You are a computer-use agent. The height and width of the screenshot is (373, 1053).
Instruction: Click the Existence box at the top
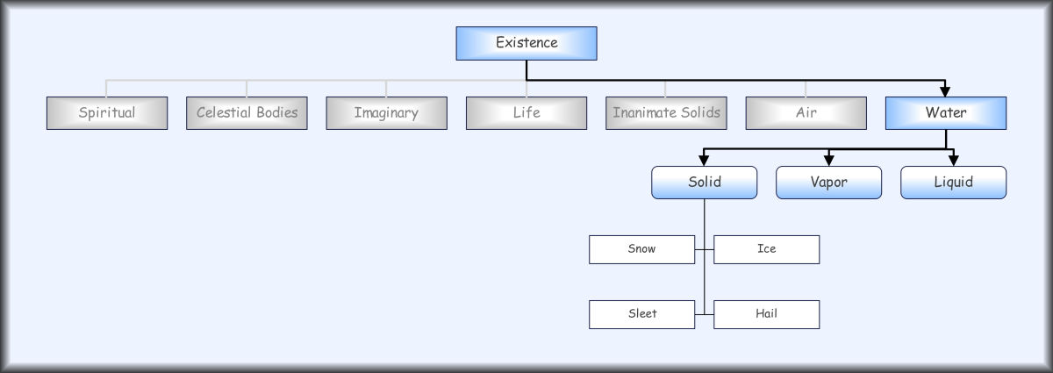[x=526, y=43]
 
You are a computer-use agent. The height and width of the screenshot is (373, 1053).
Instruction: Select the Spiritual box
[x=107, y=113]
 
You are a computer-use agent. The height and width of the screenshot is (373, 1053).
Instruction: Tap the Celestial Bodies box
[x=247, y=113]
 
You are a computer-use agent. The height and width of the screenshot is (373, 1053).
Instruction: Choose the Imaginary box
[x=386, y=113]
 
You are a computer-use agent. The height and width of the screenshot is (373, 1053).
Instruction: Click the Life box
[x=526, y=113]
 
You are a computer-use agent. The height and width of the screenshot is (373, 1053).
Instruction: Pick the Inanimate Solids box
[x=666, y=113]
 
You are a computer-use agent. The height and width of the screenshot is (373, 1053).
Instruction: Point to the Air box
[x=806, y=113]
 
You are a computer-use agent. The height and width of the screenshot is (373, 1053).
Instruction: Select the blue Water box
[x=946, y=113]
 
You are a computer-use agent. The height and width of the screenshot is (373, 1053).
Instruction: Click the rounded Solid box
[x=704, y=183]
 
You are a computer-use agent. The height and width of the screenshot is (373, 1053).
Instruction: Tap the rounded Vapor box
[x=828, y=183]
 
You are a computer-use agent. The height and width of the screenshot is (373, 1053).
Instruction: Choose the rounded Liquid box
[x=953, y=183]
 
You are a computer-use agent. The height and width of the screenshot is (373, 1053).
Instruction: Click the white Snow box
[x=641, y=249]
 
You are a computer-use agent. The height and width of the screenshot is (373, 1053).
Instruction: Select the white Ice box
[x=766, y=249]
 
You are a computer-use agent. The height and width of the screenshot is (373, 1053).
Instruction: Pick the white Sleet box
[x=641, y=314]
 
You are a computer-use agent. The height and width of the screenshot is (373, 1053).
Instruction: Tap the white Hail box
[x=766, y=314]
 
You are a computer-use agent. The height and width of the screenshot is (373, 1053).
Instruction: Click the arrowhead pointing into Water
[x=945, y=91]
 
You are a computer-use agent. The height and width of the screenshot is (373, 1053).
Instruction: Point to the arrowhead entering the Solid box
[x=704, y=161]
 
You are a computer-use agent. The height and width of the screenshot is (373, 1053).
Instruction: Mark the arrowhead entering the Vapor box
[x=828, y=161]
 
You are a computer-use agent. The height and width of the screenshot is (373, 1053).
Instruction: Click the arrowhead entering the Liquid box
[x=953, y=161]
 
